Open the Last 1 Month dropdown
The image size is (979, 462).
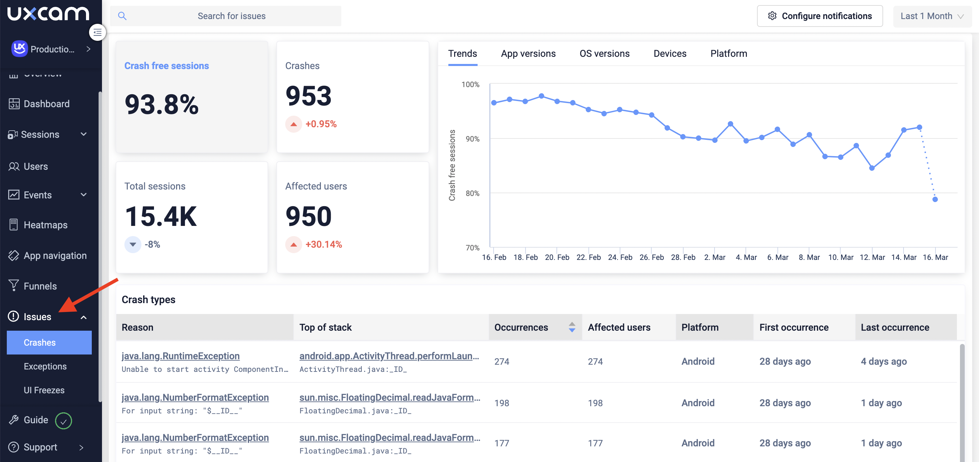[931, 16]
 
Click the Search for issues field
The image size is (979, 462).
[231, 16]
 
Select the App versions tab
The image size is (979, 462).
[528, 54]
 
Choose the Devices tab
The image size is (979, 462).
[670, 54]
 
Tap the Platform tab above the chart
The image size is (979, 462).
[728, 54]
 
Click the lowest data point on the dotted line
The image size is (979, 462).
[935, 199]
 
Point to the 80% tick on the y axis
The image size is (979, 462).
[473, 193]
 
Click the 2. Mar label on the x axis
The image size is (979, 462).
[715, 258]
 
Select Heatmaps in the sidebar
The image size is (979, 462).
[46, 225]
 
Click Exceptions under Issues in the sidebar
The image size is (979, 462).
[45, 366]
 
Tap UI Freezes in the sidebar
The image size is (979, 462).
[44, 390]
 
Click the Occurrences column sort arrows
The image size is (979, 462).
[571, 327]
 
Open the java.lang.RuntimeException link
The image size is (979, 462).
[181, 356]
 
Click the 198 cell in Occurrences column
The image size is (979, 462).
[502, 403]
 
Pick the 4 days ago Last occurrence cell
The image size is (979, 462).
[883, 361]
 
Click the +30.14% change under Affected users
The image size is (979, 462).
[323, 245]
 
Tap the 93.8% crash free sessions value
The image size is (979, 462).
[161, 104]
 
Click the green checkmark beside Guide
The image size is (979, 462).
[64, 420]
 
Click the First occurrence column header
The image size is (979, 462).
[793, 327]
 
